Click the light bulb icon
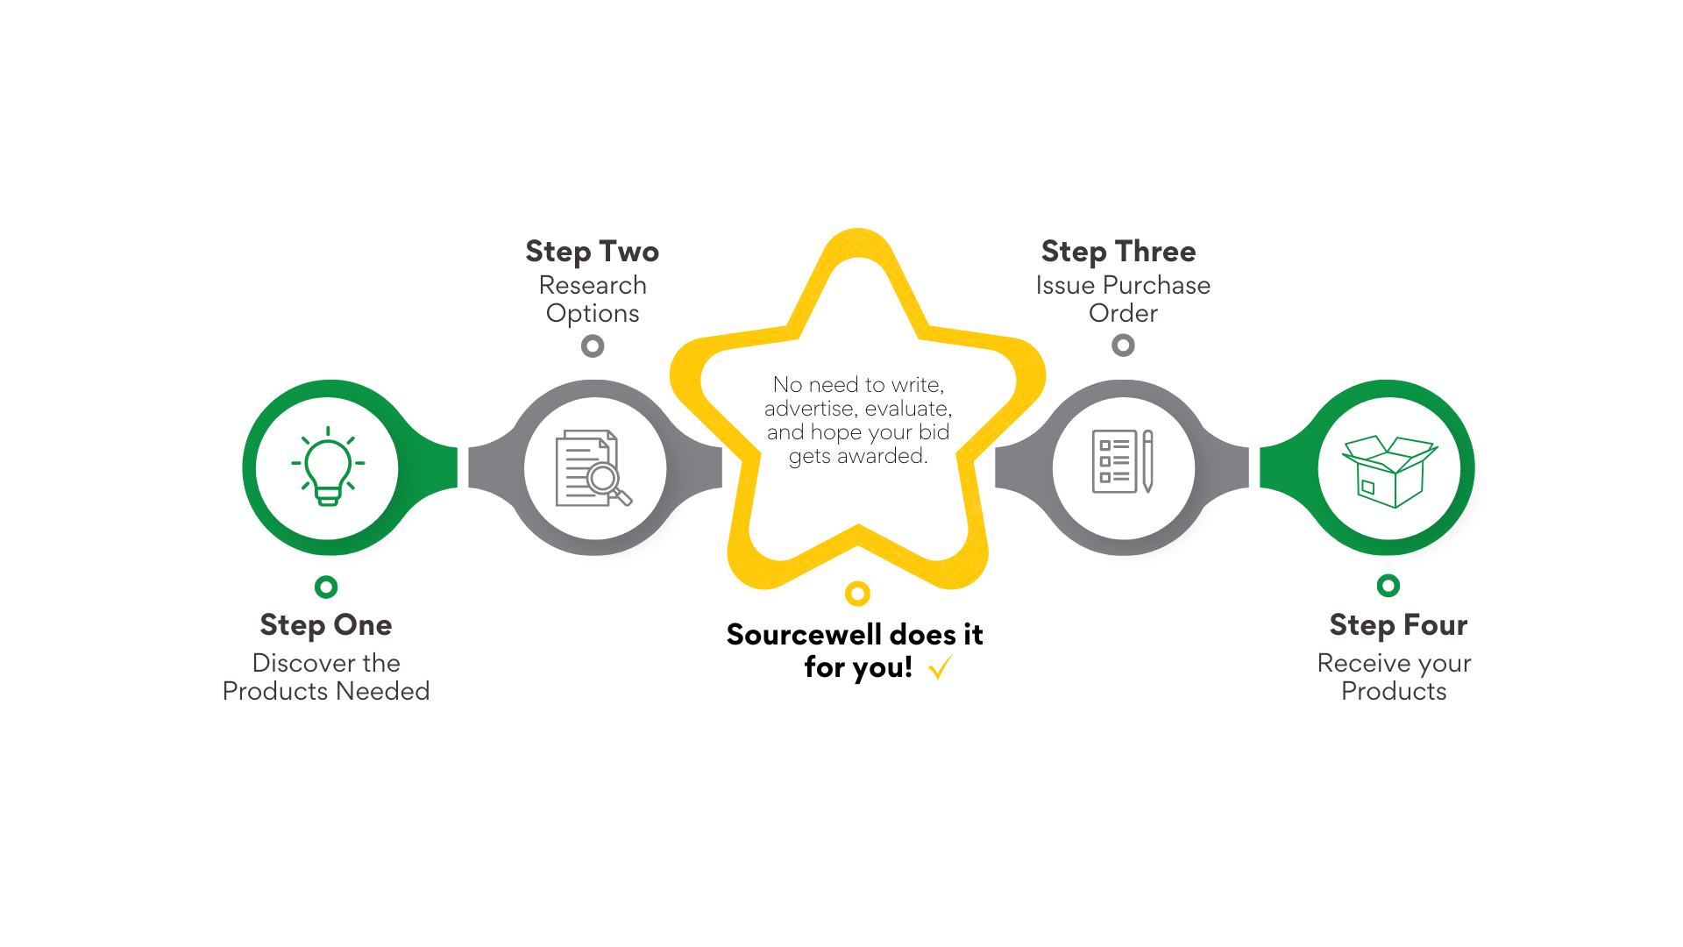pos(328,466)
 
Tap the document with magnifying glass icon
pos(593,467)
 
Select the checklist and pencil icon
pos(1123,461)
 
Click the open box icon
pos(1388,471)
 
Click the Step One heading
pos(326,625)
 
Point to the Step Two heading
pos(593,252)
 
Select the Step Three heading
pos(1118,252)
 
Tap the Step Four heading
pos(1398,625)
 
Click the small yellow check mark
pos(941,667)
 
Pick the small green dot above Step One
pos(326,587)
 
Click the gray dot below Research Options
pos(593,346)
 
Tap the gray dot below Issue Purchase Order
pos(1123,345)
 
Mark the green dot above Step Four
pos(1388,586)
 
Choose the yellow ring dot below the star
pos(857,594)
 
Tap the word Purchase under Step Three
pos(1156,285)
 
